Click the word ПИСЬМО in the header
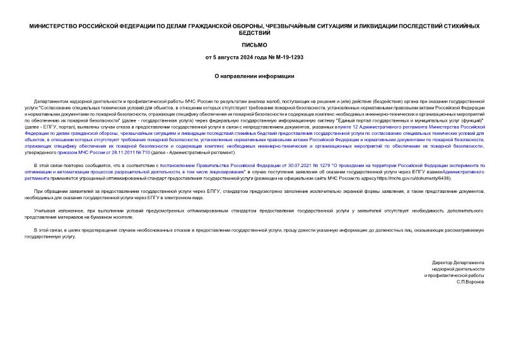pyautogui.click(x=254, y=45)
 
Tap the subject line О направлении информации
pyautogui.click(x=254, y=76)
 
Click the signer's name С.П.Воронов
pyautogui.click(x=470, y=282)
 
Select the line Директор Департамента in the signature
pyautogui.click(x=459, y=262)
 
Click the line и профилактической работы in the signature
pyautogui.click(x=453, y=276)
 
